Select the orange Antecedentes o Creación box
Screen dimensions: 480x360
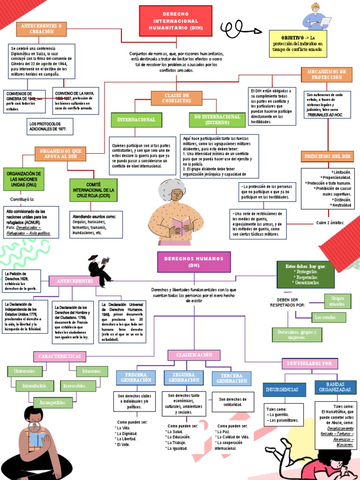(41, 29)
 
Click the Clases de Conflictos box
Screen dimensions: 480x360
(176, 98)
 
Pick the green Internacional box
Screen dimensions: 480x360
(136, 120)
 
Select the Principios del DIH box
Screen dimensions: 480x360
(328, 156)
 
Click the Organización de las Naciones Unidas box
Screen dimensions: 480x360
(24, 179)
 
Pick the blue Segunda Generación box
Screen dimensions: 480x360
(183, 378)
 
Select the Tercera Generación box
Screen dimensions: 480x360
(232, 378)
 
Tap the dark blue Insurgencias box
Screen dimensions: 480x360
(285, 390)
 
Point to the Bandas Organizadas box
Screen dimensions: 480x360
(335, 387)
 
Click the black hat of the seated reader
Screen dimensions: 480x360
(92, 258)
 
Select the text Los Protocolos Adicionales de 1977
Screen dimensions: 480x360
(48, 125)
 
